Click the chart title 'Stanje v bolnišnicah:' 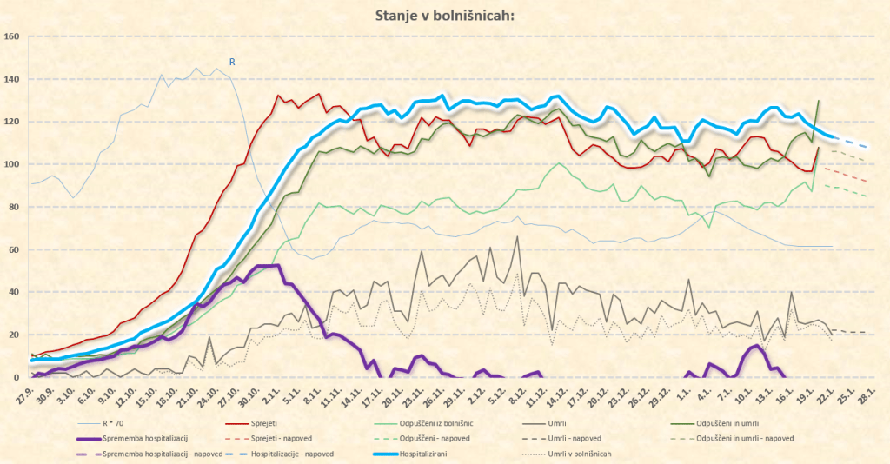(x=444, y=15)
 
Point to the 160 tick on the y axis (x=11, y=36)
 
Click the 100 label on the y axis (x=11, y=164)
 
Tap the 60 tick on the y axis (x=13, y=249)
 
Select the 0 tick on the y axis (x=16, y=377)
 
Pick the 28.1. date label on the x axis (x=866, y=395)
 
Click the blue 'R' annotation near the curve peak (x=232, y=62)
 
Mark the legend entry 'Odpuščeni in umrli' (x=730, y=422)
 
